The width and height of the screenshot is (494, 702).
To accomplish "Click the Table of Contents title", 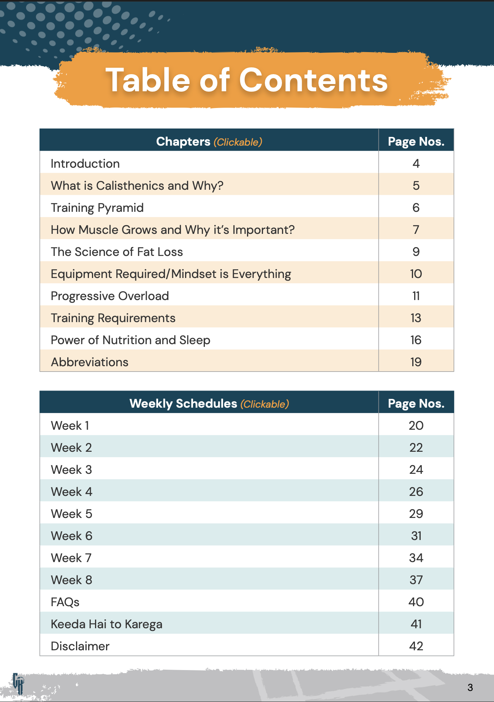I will click(247, 80).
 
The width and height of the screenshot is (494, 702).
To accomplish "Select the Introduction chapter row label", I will click(85, 164).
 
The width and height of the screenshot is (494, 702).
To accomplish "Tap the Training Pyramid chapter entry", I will click(97, 208).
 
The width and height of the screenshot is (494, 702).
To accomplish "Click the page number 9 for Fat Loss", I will click(416, 252).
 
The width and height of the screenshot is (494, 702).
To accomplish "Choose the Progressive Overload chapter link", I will click(110, 296).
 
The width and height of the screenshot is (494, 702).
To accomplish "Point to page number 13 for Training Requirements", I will click(416, 318).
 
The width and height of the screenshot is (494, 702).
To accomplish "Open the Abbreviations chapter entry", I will click(90, 362).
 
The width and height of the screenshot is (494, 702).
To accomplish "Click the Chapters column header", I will click(209, 141).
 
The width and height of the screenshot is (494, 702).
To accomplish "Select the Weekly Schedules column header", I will click(209, 403).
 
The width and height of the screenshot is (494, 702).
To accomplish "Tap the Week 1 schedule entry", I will click(70, 426).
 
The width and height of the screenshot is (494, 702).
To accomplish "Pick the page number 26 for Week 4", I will click(416, 492).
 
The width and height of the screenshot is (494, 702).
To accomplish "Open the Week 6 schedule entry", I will click(71, 536).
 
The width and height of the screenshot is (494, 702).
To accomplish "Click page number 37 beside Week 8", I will click(416, 580).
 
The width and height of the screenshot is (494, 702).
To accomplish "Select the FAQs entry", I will click(65, 602).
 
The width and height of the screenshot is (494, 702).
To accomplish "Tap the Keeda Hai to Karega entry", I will click(106, 624).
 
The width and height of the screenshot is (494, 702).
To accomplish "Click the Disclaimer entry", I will click(80, 646).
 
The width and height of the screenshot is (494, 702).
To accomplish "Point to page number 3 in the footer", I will click(470, 688).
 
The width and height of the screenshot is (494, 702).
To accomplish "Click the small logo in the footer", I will click(18, 683).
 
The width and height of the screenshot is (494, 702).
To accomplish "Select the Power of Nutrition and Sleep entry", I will click(130, 340).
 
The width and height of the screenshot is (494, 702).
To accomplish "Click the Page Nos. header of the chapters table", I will click(416, 141).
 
